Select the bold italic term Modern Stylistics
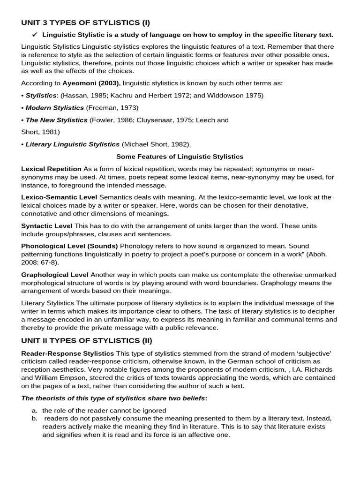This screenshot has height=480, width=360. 55,108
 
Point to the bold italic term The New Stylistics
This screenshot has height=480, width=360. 56,120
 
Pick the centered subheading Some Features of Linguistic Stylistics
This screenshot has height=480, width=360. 180,157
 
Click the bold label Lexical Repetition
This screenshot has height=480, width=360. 51,169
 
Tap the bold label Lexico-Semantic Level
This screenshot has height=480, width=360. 59,197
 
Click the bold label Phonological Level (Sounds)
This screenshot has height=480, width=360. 69,246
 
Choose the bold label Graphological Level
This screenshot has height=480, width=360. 54,275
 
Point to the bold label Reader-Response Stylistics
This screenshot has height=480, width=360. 67,353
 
